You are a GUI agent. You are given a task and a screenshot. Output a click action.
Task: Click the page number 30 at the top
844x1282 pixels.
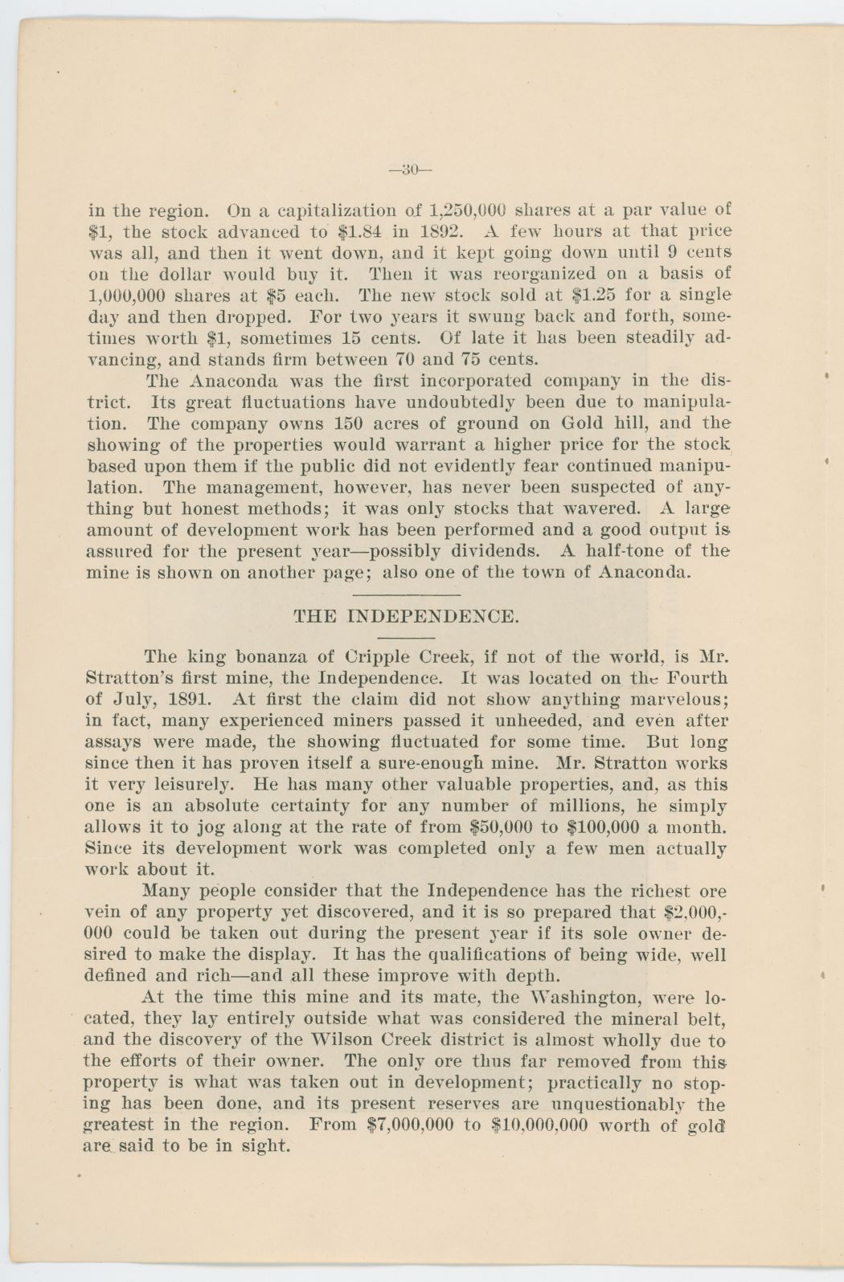click(x=410, y=169)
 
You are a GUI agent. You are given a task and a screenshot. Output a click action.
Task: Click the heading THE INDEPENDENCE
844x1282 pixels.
click(x=407, y=617)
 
